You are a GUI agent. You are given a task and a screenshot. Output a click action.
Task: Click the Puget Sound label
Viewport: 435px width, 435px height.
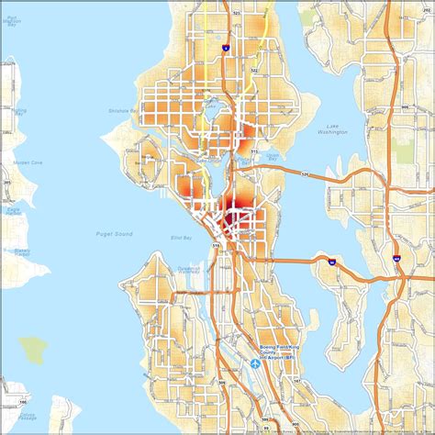114,235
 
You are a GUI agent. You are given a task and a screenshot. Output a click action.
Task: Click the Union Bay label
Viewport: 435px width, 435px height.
273,155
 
